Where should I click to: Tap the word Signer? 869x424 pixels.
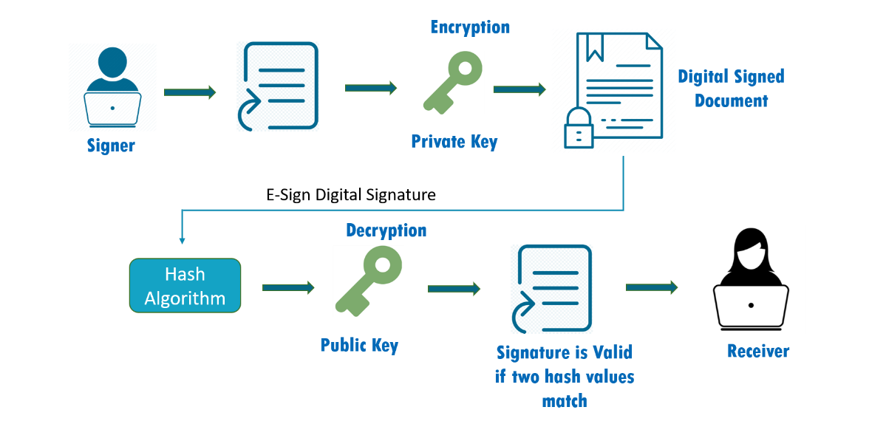tap(112, 146)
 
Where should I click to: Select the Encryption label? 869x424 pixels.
tap(470, 27)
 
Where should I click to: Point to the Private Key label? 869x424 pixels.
tap(454, 141)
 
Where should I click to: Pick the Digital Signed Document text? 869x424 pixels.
tap(731, 88)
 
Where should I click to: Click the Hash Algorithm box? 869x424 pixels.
tap(185, 285)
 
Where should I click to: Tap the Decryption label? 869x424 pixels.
tap(386, 230)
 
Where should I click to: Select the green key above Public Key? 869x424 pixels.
tap(368, 281)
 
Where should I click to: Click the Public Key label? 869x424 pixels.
tap(359, 345)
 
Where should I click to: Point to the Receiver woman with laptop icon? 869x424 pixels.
tap(753, 279)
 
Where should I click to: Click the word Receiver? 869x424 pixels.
tap(758, 351)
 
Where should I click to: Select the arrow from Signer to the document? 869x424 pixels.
tap(190, 92)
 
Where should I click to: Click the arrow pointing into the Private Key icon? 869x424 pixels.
tap(371, 88)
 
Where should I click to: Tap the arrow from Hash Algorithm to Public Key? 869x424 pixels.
tap(288, 287)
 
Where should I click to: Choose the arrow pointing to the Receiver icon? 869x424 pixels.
tap(652, 287)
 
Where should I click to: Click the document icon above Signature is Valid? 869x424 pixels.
tap(551, 288)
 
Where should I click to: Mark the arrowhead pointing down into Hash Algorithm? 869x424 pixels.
tap(181, 240)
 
